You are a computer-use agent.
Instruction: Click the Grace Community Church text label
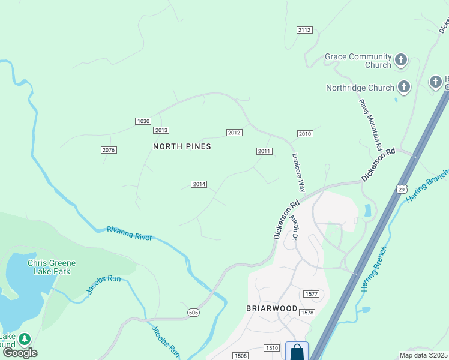click(x=358, y=61)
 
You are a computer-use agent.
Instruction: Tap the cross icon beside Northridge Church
click(x=404, y=88)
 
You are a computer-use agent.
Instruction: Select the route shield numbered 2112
click(x=305, y=30)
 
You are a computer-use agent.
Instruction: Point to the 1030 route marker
click(x=142, y=121)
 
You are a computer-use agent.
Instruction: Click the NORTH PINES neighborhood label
click(x=182, y=146)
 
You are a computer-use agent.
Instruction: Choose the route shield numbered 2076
click(x=109, y=150)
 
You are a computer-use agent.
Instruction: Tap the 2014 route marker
click(x=199, y=184)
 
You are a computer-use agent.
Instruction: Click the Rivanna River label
click(x=129, y=233)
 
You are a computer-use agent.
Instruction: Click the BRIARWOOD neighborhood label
click(x=272, y=308)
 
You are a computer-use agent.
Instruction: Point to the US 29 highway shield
click(x=401, y=189)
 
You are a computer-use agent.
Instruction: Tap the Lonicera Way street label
click(x=298, y=172)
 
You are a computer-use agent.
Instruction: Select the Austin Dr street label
click(x=295, y=228)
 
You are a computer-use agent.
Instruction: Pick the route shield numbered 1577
click(x=310, y=294)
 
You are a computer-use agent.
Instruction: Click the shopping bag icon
click(x=297, y=352)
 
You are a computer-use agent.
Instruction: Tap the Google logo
click(x=20, y=353)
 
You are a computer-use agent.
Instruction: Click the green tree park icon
click(x=25, y=340)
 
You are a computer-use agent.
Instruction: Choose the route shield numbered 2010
click(x=305, y=134)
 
